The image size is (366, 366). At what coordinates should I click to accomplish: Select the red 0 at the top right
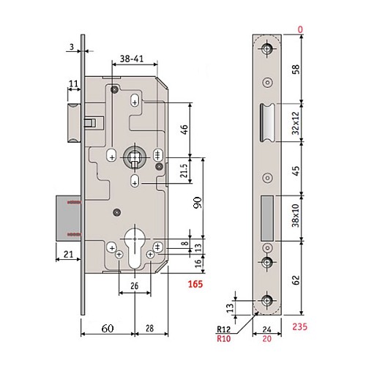tap(299, 29)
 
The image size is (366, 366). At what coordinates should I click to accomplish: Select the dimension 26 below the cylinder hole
tap(135, 285)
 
